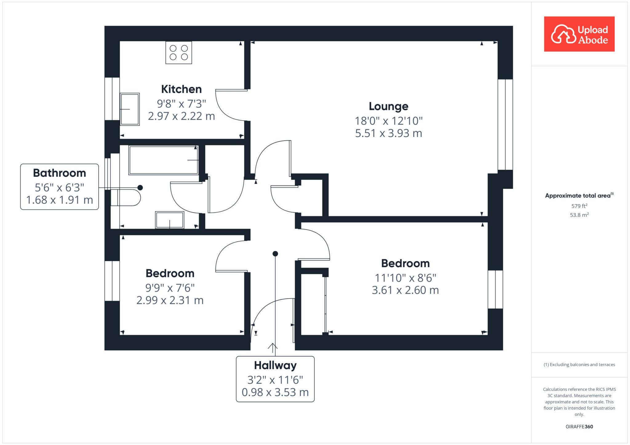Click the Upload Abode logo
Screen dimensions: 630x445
(579, 34)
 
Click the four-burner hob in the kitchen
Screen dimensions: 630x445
(179, 53)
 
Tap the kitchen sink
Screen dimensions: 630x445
(130, 109)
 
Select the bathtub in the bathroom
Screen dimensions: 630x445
(164, 160)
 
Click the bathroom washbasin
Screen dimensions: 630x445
(170, 220)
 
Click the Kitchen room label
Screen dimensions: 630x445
(181, 89)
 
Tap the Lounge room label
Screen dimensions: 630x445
(389, 106)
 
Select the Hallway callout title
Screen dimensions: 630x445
(275, 365)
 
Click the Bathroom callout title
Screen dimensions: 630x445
(59, 173)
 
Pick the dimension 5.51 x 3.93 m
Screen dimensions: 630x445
(389, 133)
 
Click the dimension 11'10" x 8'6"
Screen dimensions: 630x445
(405, 278)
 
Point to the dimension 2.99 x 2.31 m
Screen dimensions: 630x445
(170, 300)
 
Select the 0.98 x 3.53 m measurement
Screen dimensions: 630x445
(275, 392)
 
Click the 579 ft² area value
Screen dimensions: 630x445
(579, 206)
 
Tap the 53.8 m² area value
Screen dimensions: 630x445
(579, 215)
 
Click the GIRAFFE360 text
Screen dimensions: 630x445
(579, 427)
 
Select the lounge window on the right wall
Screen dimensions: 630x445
(505, 125)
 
